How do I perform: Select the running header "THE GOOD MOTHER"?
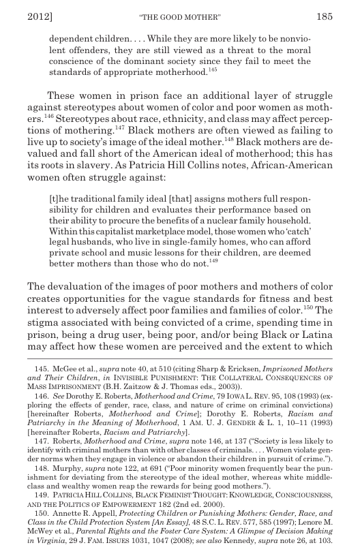[x=180, y=14]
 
